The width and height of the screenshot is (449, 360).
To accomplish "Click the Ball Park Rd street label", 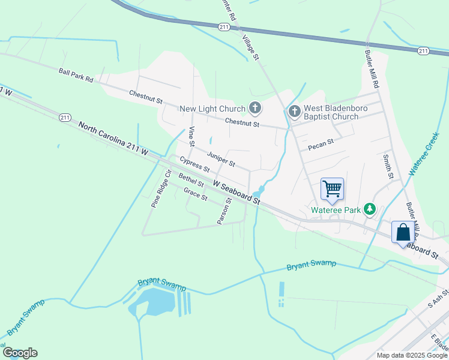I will pos(76,75).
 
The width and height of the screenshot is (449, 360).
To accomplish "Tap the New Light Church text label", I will pos(212,109).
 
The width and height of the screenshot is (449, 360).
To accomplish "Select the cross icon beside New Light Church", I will pos(255,108).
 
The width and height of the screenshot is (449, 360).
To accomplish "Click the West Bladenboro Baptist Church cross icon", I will pos(294,111).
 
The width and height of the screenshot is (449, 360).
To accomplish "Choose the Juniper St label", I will pos(221,159).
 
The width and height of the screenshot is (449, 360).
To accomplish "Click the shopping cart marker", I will pos(332,189).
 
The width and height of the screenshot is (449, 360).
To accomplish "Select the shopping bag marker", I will pos(402,232).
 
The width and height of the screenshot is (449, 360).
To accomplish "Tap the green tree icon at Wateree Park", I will pos(371,209).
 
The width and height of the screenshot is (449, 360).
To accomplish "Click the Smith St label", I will pos(387,166).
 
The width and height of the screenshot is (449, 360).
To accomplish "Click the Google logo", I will pos(20,352).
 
